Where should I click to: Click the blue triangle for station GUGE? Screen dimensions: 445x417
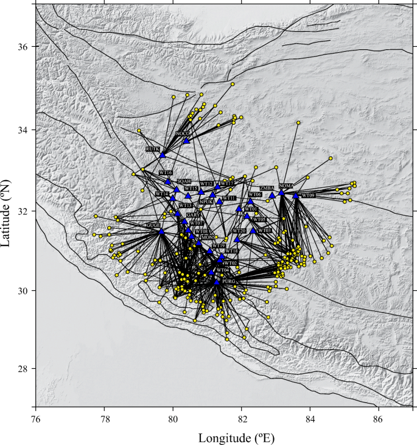(x=161, y=231)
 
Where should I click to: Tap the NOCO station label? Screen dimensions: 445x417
(x=183, y=133)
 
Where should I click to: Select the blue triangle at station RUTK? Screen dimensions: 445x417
(x=163, y=155)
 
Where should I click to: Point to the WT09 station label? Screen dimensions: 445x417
(x=307, y=195)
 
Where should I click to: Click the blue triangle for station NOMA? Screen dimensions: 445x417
(x=282, y=192)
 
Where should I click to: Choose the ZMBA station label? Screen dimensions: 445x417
(x=267, y=189)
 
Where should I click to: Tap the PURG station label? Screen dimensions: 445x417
(x=229, y=282)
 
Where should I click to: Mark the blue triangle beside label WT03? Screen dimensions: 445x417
(x=253, y=230)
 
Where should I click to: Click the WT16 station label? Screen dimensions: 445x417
(x=166, y=173)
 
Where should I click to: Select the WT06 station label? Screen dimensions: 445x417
(x=254, y=195)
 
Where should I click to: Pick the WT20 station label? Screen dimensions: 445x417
(x=239, y=231)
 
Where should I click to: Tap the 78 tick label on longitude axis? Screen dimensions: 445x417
(x=105, y=419)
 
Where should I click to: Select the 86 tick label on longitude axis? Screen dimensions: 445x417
(x=378, y=419)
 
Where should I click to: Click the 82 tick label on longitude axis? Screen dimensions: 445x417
(x=242, y=419)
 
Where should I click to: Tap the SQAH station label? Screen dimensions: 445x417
(x=184, y=181)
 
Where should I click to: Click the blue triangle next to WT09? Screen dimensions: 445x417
(x=296, y=195)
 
